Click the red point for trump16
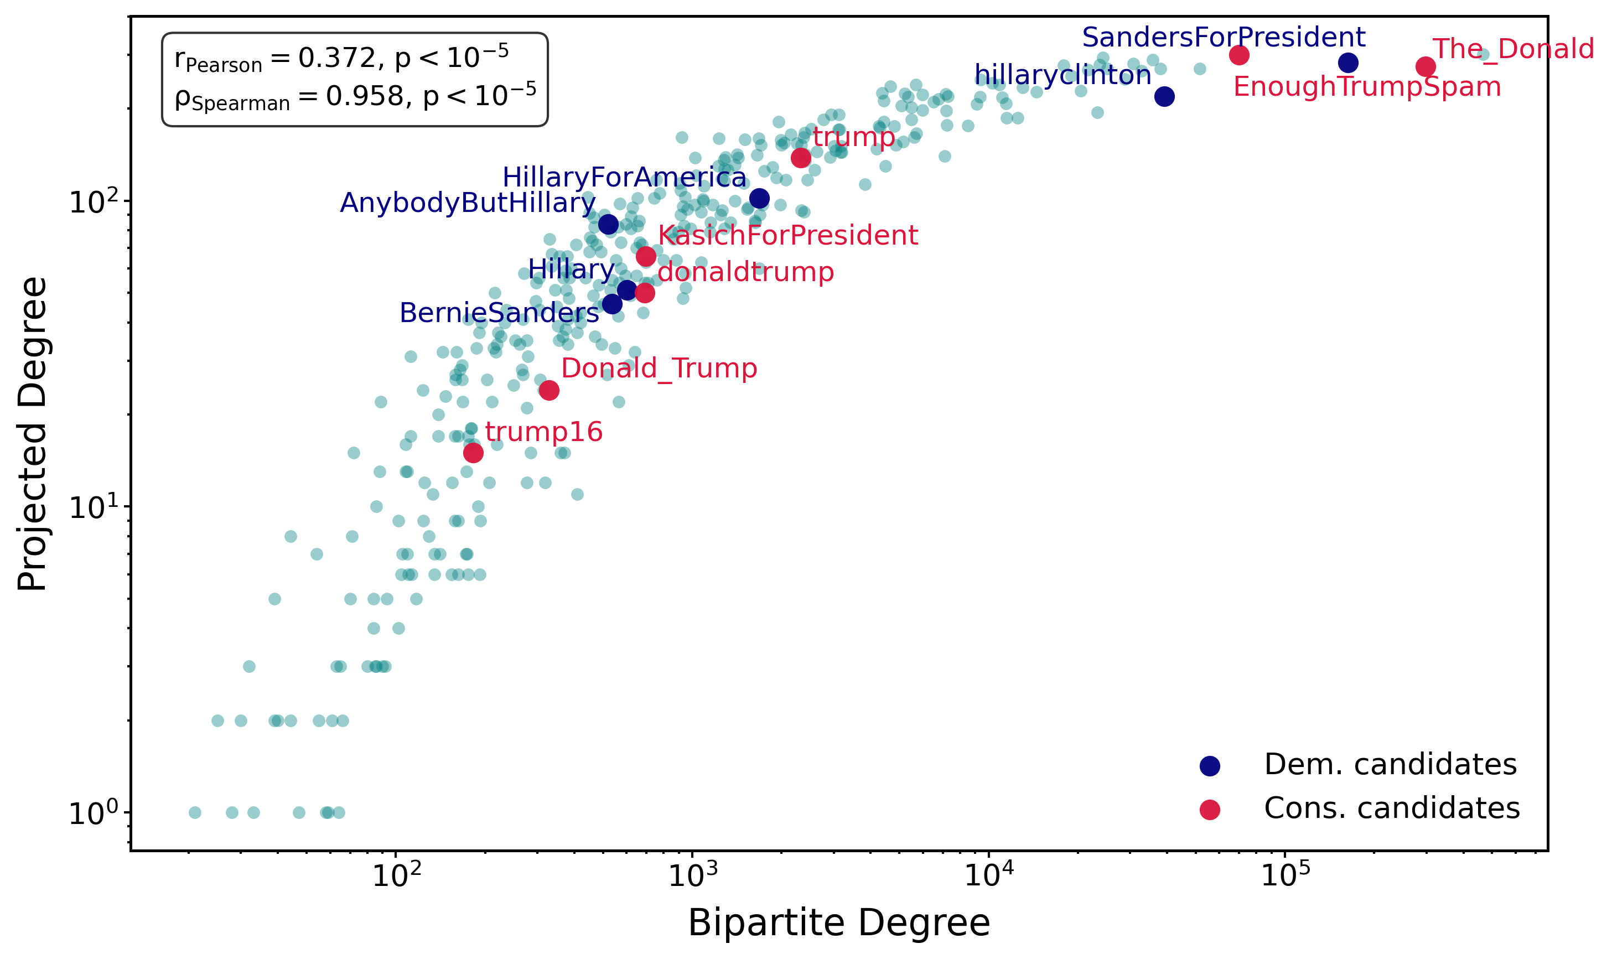[473, 452]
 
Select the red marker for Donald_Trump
[548, 390]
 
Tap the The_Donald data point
[1426, 66]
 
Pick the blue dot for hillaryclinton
[1164, 97]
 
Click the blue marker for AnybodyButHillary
[608, 225]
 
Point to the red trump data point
[801, 158]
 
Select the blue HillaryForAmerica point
[759, 199]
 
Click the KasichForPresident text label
[787, 236]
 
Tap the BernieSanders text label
[499, 313]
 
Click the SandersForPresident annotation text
[1224, 38]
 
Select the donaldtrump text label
[745, 273]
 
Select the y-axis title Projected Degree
[32, 434]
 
